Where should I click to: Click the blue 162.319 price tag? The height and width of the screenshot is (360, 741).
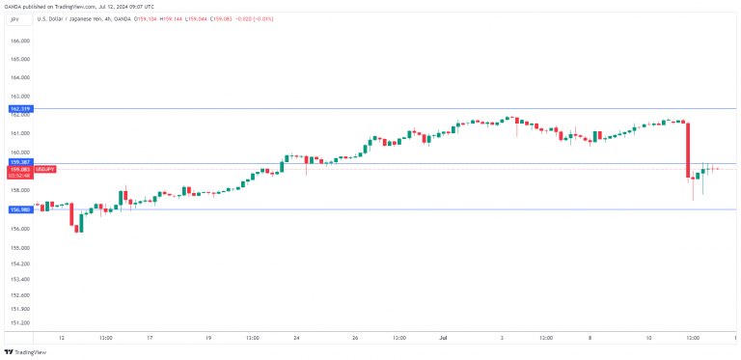coord(19,109)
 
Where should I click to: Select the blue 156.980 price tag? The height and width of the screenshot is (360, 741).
coord(19,208)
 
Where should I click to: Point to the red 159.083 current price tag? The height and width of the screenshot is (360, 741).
coord(19,169)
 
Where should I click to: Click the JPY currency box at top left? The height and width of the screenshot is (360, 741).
coord(14,18)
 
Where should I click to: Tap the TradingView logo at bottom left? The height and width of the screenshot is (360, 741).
coord(24,351)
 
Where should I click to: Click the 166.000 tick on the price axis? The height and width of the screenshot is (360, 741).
coord(19,42)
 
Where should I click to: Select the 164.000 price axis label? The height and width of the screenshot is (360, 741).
coord(19,78)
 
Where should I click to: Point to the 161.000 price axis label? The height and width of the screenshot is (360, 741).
coord(19,133)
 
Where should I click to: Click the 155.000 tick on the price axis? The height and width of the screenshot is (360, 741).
coord(19,245)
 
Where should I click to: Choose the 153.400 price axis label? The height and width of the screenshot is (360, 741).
coord(19,278)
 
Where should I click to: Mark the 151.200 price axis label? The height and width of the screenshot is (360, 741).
coord(19,322)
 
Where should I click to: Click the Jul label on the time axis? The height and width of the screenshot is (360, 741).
coord(443,338)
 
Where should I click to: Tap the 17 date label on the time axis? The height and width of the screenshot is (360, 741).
coord(151,338)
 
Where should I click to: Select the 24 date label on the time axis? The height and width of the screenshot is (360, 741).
coord(297,338)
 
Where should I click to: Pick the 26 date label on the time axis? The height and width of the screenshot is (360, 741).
coord(355,338)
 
